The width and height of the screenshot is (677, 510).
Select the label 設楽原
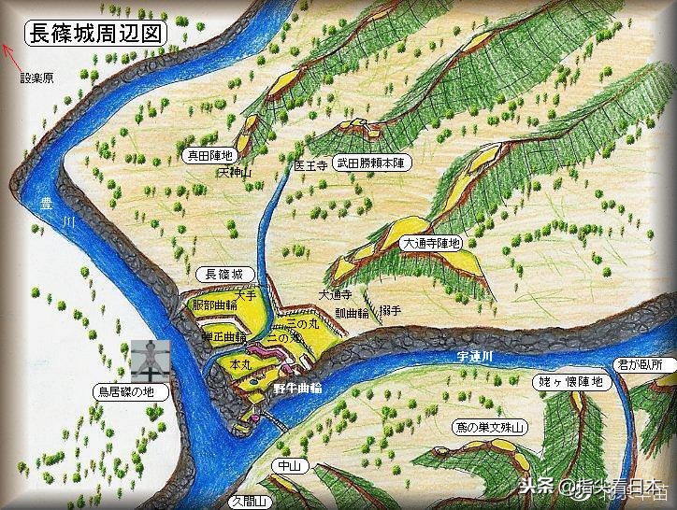[x=37, y=78]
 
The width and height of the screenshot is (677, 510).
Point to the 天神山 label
[x=236, y=173]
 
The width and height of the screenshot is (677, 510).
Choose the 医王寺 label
[x=309, y=164]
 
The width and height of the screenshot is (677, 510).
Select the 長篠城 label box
[x=223, y=275]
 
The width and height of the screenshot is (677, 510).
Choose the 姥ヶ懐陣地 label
[x=571, y=382]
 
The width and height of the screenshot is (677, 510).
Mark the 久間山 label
[x=250, y=502]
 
